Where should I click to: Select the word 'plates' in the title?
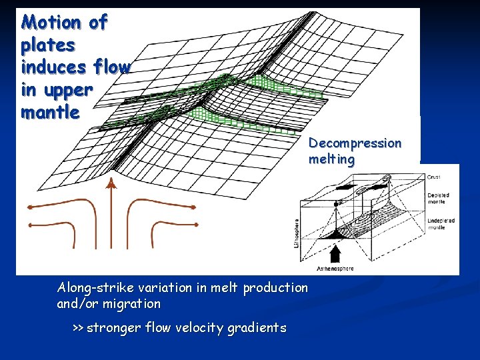[x=48, y=45]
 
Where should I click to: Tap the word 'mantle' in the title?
[x=50, y=112]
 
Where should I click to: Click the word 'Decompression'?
[x=355, y=143]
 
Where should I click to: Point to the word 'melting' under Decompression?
[x=331, y=160]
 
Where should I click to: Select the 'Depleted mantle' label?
[x=438, y=199]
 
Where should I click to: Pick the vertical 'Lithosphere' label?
[x=296, y=234]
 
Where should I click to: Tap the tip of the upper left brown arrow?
[x=29, y=207]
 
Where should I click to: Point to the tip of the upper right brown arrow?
[x=195, y=207]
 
